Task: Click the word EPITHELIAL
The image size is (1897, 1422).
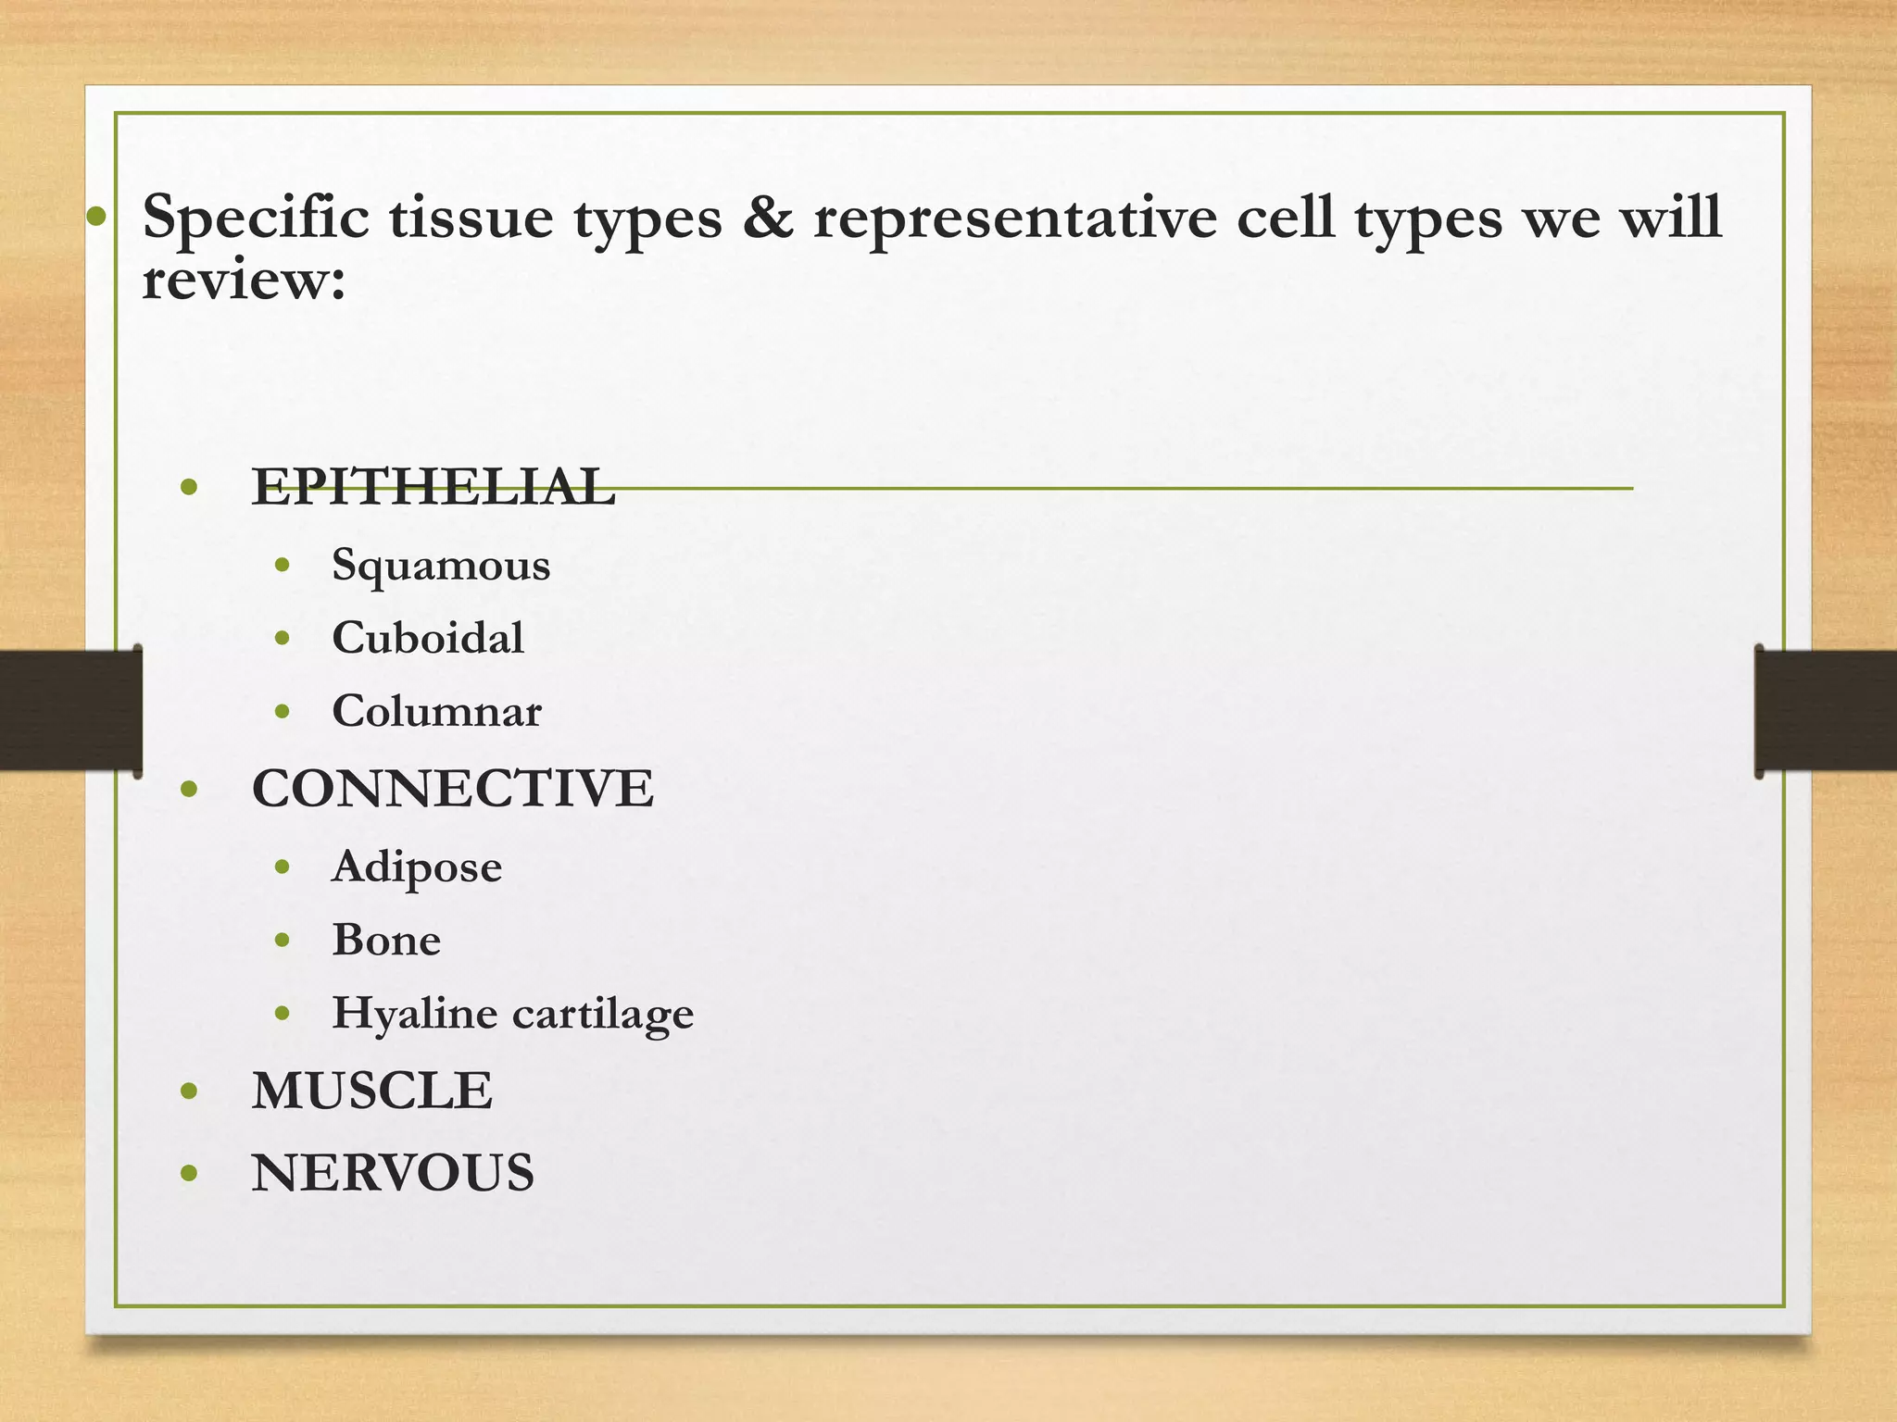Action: [433, 487]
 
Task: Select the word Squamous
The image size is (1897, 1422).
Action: [441, 565]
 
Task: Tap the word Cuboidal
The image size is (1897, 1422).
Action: [428, 638]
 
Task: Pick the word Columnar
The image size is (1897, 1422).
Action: [436, 711]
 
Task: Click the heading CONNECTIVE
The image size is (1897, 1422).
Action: [452, 789]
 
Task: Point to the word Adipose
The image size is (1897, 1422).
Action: [417, 867]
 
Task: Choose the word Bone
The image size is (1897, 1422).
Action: [386, 940]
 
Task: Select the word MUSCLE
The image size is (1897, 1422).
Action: [371, 1091]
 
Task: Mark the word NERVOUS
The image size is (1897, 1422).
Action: [393, 1173]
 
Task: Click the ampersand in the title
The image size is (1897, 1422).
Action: [767, 217]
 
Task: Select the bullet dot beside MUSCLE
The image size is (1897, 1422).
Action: [190, 1091]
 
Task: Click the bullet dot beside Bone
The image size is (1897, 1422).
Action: [283, 941]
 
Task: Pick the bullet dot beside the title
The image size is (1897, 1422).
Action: [96, 218]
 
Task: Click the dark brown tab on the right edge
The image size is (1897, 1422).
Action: [1826, 709]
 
